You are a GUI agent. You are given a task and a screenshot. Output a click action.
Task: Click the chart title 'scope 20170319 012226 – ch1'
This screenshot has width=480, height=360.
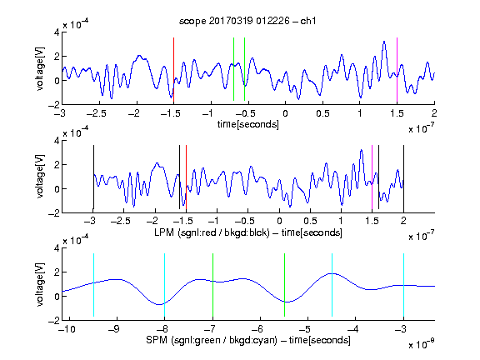(247, 21)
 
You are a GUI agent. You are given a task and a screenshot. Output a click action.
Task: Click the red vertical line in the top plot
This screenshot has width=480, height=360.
(173, 70)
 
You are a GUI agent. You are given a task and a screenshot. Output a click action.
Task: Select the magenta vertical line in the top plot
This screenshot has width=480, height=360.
(397, 70)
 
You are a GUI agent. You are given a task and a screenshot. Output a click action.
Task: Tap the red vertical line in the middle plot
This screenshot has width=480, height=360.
(186, 177)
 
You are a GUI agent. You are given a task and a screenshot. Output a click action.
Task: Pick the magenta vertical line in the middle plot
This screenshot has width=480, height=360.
(372, 177)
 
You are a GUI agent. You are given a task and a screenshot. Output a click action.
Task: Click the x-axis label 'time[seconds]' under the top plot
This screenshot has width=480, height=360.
(248, 124)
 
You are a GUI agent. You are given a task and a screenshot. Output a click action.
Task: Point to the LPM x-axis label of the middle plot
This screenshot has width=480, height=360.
(248, 232)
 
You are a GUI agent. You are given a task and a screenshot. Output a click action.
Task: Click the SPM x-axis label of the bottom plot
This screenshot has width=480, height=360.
(248, 340)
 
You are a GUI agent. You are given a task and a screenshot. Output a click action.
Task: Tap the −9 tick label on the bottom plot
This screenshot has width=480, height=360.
(114, 329)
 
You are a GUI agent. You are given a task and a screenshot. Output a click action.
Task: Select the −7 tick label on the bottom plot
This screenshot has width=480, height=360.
(210, 329)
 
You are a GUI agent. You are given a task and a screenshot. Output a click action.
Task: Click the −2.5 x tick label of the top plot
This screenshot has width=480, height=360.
(97, 113)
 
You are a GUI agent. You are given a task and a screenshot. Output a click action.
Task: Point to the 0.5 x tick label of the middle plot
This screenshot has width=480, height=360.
(310, 221)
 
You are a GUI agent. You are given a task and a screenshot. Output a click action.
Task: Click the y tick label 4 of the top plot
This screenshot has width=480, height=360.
(57, 32)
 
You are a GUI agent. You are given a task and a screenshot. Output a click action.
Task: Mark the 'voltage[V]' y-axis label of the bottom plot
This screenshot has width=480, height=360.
(40, 284)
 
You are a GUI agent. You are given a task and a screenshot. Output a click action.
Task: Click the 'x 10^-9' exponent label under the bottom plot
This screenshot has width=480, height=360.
(421, 344)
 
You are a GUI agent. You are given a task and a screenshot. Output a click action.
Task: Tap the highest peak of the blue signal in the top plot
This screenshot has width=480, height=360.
(384, 42)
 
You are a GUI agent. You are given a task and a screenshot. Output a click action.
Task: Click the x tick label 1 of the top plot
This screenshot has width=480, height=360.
(360, 113)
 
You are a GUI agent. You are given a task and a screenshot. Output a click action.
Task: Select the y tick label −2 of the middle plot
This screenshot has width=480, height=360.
(53, 212)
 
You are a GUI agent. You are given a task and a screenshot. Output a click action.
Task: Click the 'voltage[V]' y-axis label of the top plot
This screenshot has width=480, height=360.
(40, 68)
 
